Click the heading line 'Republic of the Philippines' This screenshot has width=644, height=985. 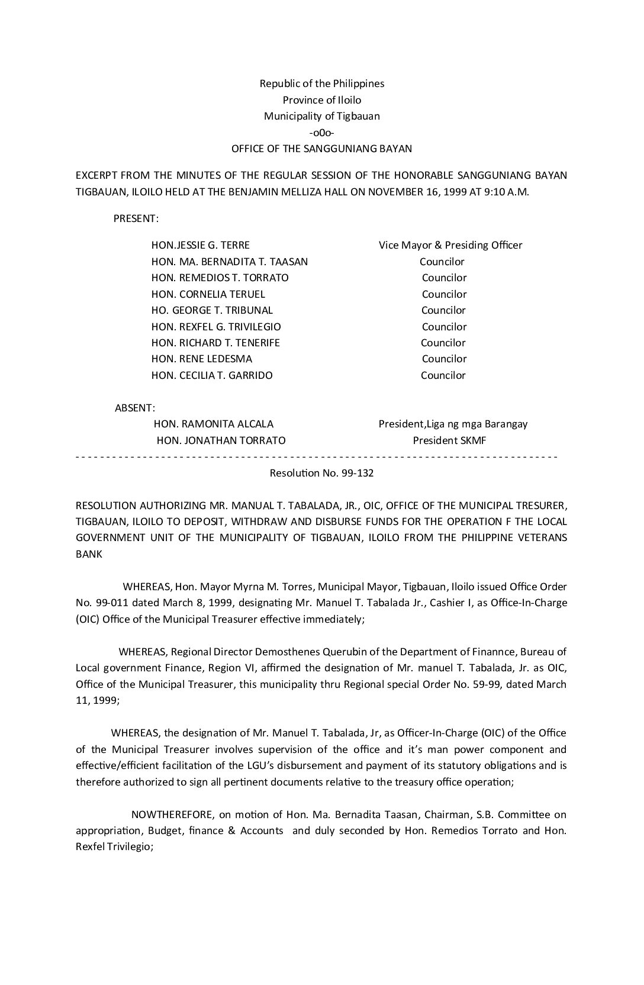(x=321, y=83)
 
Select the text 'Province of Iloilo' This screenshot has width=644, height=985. (x=321, y=100)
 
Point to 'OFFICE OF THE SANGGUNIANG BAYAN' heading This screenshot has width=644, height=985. (x=321, y=149)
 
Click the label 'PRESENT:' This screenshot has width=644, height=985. (x=136, y=218)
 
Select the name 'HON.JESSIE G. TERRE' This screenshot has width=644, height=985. (x=201, y=245)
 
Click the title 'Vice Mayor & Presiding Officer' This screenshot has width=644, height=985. (x=450, y=245)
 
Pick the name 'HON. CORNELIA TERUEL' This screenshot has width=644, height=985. (x=208, y=294)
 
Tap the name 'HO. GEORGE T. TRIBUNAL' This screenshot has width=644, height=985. (x=212, y=310)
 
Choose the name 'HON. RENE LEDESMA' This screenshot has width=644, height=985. (x=202, y=359)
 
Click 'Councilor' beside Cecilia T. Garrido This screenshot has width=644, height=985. (x=443, y=375)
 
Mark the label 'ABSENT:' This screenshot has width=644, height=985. (x=135, y=408)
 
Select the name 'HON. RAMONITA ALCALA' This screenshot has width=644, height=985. (x=214, y=424)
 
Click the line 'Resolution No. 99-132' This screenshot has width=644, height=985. (x=321, y=473)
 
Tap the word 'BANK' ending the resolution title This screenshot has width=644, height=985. (x=89, y=554)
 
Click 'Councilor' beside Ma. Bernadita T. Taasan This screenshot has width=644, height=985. (x=442, y=262)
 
